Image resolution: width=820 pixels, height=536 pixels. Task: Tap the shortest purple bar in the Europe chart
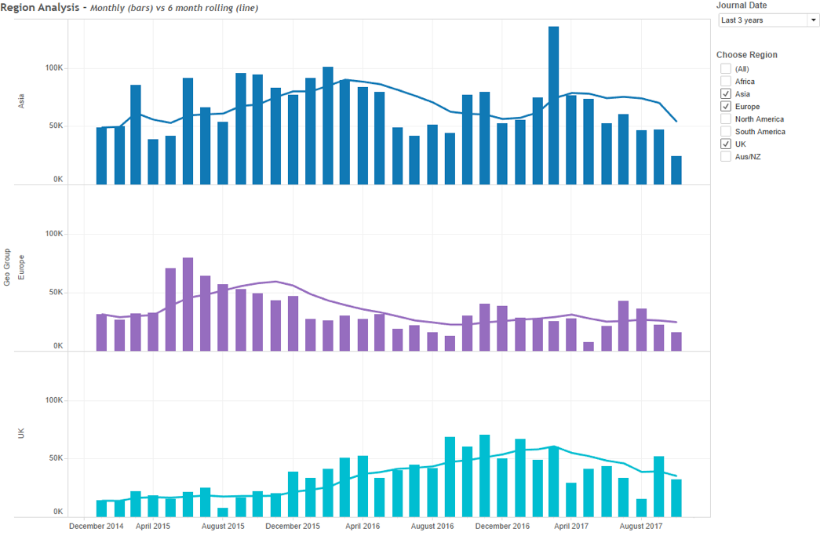589,346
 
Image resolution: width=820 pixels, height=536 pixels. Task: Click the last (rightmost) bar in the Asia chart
676,170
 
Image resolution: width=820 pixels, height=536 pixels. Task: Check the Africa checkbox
726,82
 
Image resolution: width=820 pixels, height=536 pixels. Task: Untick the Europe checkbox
726,107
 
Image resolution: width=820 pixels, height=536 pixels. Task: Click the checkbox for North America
726,119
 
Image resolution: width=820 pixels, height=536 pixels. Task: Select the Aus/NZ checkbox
726,157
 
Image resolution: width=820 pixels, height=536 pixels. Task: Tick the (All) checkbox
726,69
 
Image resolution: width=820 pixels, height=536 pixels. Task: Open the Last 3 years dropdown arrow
813,20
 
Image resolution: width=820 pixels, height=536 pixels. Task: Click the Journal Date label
742,5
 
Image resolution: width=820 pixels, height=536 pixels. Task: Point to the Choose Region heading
747,55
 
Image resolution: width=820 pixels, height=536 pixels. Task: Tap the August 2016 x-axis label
432,526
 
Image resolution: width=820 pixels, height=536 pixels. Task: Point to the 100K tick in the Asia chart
53,68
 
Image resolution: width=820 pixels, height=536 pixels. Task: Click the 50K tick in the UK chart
53,458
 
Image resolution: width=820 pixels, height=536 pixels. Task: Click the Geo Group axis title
7,267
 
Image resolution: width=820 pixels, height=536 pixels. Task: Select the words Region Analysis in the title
38,7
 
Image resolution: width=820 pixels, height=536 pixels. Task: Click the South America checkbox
726,132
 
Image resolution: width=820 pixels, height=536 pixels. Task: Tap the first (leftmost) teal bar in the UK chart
101,508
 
